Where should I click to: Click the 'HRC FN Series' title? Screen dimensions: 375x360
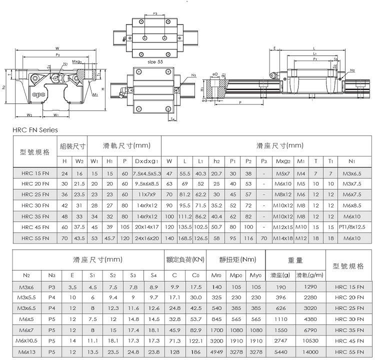pyautogui.click(x=35, y=130)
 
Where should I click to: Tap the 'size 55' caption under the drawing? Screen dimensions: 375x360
pyautogui.click(x=155, y=62)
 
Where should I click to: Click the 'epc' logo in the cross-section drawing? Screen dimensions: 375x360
pyautogui.click(x=38, y=94)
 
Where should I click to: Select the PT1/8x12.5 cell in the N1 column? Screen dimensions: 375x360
pyautogui.click(x=352, y=227)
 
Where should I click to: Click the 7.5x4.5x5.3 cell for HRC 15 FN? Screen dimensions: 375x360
pyautogui.click(x=147, y=173)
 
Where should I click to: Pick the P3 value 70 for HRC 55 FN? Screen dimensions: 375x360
pyautogui.click(x=264, y=238)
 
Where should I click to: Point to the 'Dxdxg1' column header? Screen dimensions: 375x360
pyautogui.click(x=146, y=161)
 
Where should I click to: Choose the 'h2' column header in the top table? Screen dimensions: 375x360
pyautogui.click(x=216, y=161)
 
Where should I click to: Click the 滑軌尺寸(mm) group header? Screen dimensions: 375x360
pyautogui.click(x=126, y=145)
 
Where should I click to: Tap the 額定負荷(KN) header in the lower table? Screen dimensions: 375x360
pyautogui.click(x=185, y=259)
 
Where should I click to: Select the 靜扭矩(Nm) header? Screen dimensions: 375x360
pyautogui.click(x=237, y=259)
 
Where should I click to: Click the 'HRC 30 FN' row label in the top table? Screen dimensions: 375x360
pyautogui.click(x=35, y=205)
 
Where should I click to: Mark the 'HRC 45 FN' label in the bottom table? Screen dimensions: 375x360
pyautogui.click(x=349, y=341)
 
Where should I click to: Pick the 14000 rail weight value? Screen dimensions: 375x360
pyautogui.click(x=310, y=352)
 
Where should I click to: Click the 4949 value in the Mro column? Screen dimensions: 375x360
pyautogui.click(x=216, y=352)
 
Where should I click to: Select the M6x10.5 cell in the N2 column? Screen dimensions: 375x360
pyautogui.click(x=26, y=340)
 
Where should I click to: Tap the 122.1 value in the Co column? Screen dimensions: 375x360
pyautogui.click(x=196, y=341)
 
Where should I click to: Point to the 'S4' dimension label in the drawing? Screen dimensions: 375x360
pyautogui.click(x=172, y=119)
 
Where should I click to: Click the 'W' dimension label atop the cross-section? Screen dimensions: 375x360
pyautogui.click(x=57, y=48)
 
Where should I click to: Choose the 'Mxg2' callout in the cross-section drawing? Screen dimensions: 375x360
pyautogui.click(x=77, y=62)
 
